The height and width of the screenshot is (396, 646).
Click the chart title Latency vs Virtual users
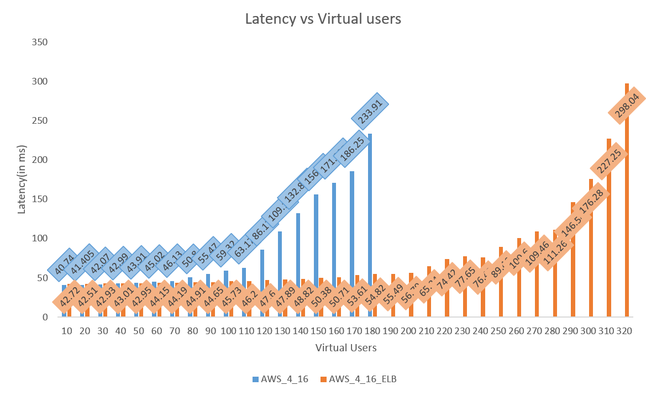323,19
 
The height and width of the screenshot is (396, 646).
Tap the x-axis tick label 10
67,331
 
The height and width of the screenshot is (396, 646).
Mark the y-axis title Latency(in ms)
22,179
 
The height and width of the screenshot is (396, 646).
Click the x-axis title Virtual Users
346,348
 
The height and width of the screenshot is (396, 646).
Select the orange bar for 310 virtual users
609,232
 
